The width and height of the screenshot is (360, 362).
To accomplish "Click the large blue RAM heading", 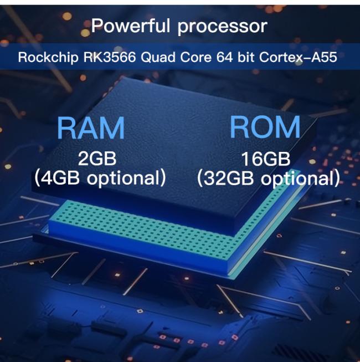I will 91,129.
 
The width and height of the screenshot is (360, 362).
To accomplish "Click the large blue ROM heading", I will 265,128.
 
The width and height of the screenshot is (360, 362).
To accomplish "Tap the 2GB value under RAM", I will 97,159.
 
